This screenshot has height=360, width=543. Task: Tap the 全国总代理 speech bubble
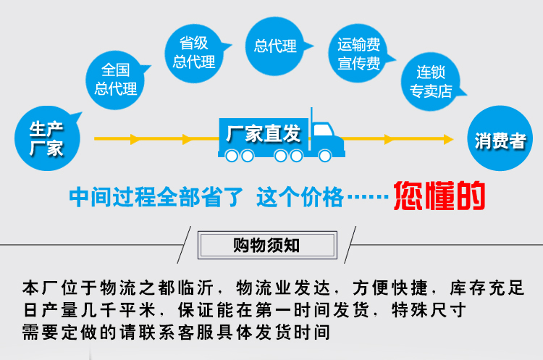(116, 80)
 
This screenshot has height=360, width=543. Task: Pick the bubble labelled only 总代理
(275, 46)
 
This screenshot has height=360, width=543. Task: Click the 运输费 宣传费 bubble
(358, 54)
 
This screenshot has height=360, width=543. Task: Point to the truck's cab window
(323, 131)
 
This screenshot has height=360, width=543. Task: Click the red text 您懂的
(439, 195)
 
